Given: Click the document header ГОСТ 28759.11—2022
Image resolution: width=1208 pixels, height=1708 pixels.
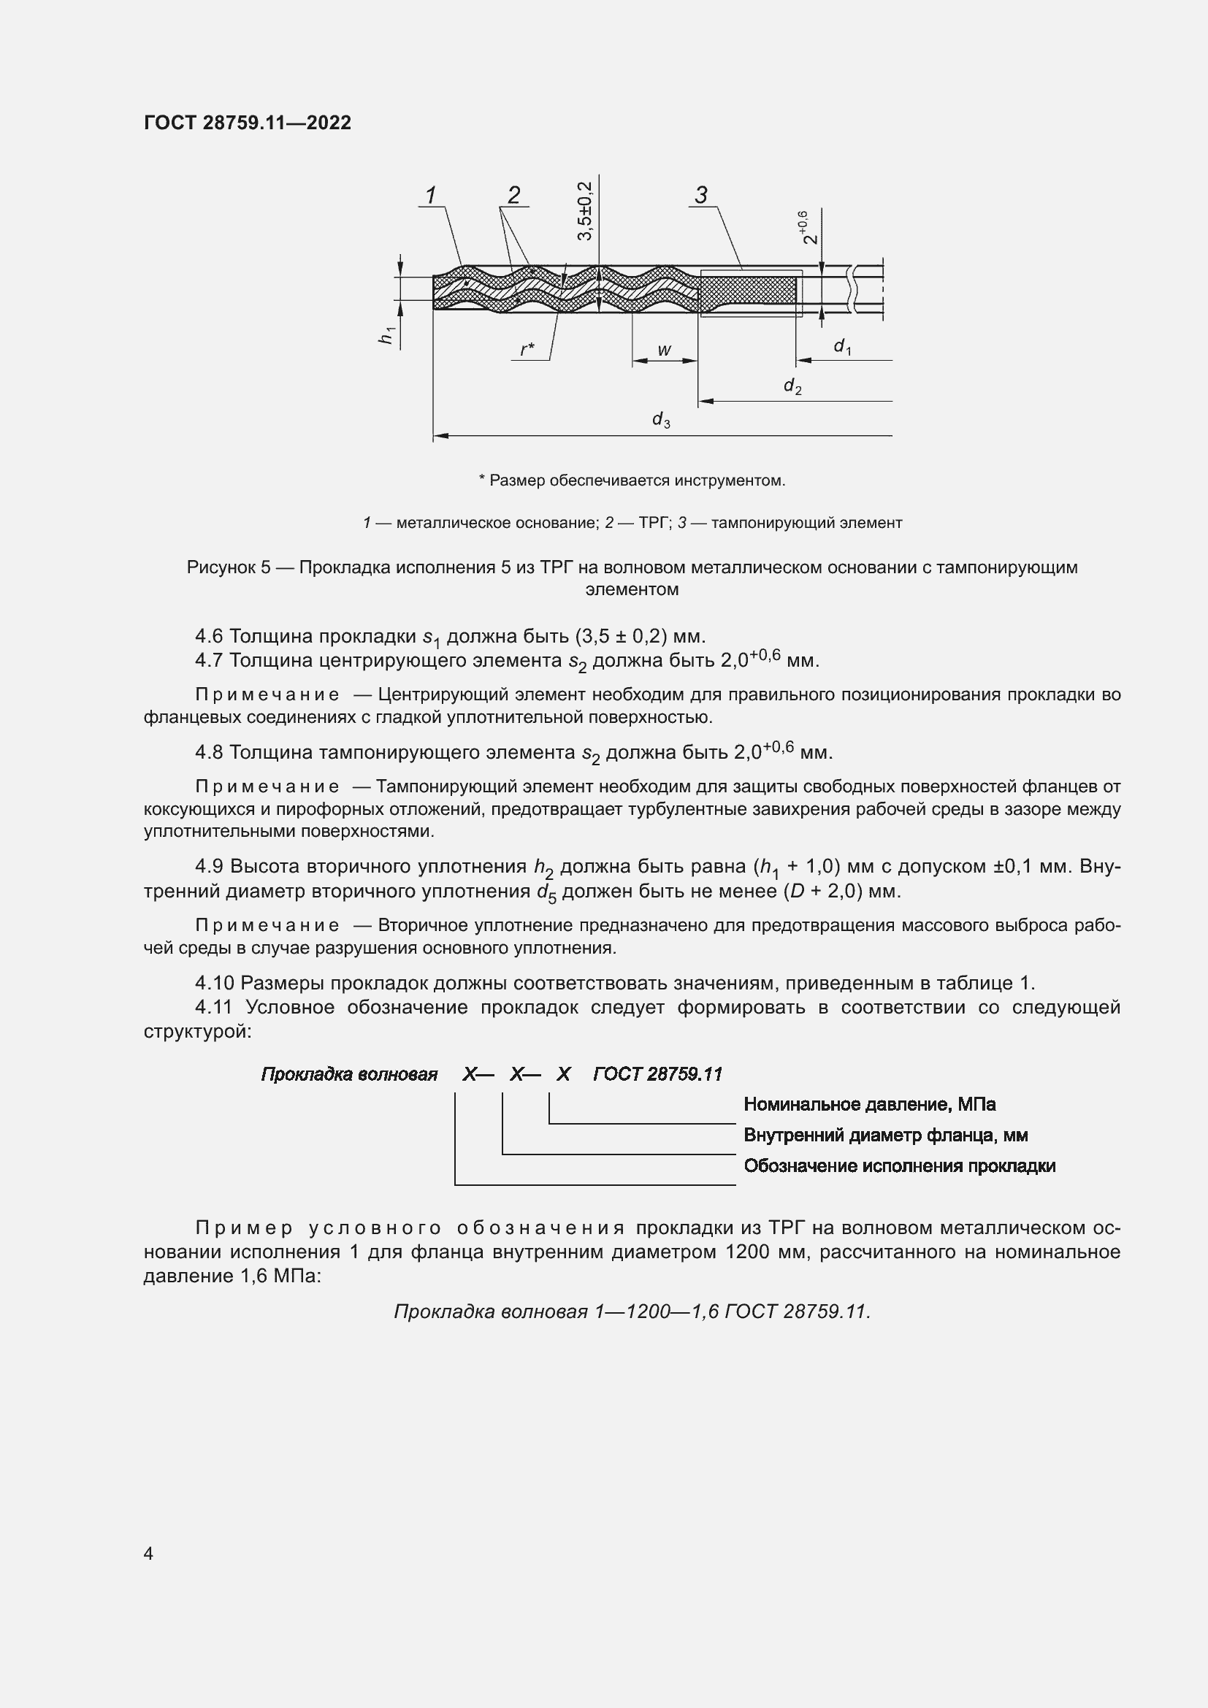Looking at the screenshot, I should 247,123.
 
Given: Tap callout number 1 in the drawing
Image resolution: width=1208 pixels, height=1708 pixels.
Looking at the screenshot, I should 430,196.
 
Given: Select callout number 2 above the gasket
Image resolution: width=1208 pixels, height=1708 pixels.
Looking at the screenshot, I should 513,196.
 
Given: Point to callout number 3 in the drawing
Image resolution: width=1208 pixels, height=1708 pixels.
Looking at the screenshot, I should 700,196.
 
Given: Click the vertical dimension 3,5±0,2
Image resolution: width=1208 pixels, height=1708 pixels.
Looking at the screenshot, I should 585,210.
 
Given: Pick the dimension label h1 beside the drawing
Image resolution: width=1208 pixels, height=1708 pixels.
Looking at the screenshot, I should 386,335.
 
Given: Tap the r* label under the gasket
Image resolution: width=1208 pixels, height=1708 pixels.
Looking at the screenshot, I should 527,350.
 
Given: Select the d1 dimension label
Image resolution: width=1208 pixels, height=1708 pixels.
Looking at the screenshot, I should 842,347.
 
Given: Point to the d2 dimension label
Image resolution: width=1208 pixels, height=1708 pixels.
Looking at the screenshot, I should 792,386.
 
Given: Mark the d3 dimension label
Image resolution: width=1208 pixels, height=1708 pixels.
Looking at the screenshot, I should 660,421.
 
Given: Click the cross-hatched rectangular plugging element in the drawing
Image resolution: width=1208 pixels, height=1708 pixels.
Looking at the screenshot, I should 748,293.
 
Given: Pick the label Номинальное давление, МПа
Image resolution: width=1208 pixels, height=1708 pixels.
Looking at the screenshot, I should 869,1104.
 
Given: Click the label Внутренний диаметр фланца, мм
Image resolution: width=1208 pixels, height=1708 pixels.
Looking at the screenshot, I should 885,1136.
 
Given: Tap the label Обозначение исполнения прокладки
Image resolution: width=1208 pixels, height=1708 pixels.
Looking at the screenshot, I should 899,1165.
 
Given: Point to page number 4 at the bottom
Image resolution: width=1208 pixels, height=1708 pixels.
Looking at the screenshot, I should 149,1554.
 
